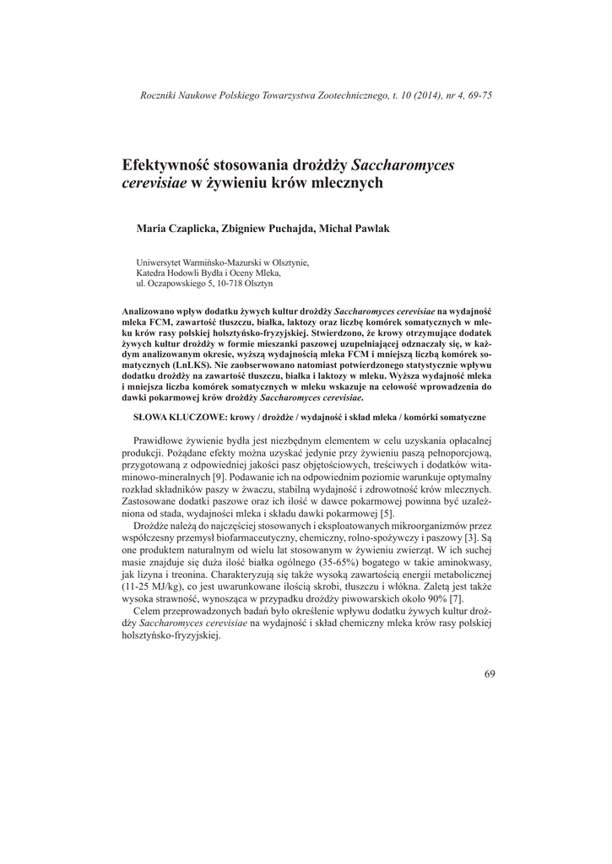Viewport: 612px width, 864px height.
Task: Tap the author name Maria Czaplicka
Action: (172, 229)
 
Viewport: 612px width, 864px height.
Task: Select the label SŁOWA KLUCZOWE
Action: (176, 418)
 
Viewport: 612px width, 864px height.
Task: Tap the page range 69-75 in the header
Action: (476, 94)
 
